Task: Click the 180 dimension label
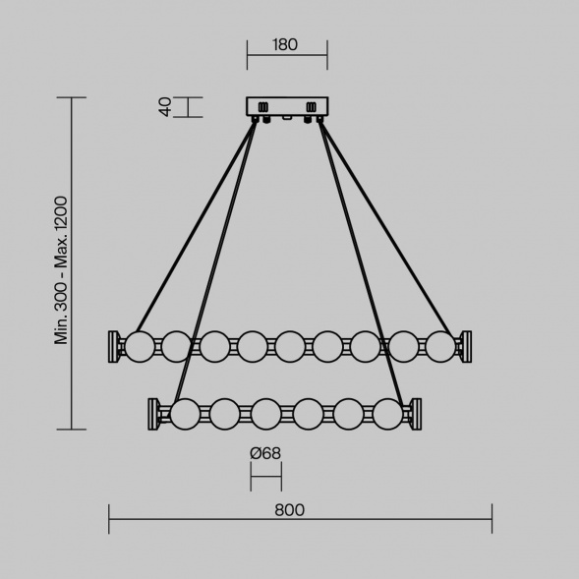pyautogui.click(x=285, y=44)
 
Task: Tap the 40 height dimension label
pyautogui.click(x=165, y=107)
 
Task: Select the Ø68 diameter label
pyautogui.click(x=265, y=453)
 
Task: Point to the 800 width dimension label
pyautogui.click(x=289, y=510)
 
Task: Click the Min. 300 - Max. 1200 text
pyautogui.click(x=61, y=270)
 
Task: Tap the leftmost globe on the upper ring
pyautogui.click(x=140, y=346)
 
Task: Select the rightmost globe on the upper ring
pyautogui.click(x=440, y=346)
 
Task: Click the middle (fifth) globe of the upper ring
pyautogui.click(x=290, y=346)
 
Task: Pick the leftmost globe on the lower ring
pyautogui.click(x=185, y=414)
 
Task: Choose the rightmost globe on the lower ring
pyautogui.click(x=387, y=414)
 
